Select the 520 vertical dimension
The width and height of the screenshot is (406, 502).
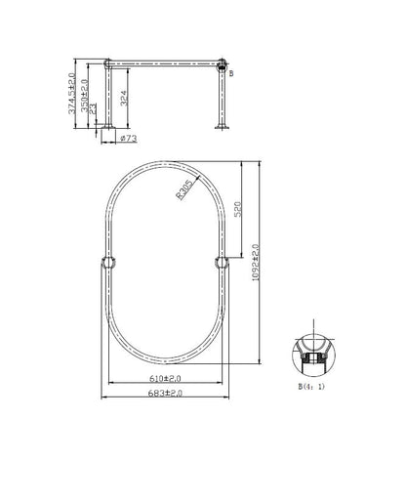click(x=239, y=209)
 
